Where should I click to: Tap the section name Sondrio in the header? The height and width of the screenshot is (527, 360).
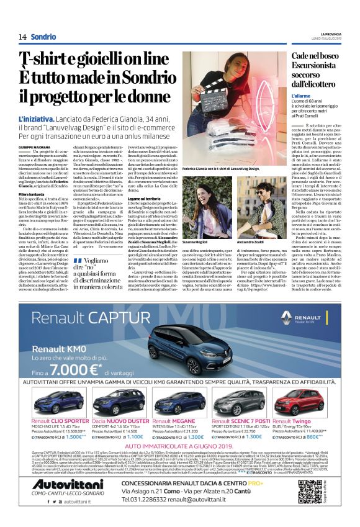(43, 37)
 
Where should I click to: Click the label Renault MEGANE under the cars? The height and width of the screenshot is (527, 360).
(178, 420)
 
